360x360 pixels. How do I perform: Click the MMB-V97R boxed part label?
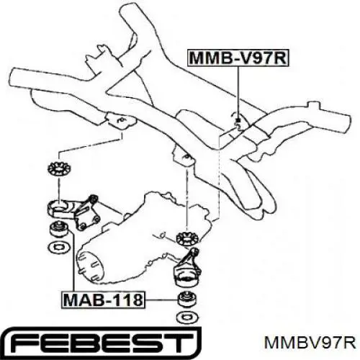(238, 58)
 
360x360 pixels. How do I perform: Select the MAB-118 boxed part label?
(104, 300)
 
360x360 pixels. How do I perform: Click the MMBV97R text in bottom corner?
(310, 343)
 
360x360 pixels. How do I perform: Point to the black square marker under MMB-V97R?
(238, 120)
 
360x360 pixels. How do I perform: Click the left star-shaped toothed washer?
(58, 169)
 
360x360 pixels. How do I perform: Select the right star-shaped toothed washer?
(187, 238)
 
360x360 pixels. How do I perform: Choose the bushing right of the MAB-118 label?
(188, 300)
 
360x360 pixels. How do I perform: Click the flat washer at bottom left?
(59, 246)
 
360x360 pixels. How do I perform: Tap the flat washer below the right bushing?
(189, 317)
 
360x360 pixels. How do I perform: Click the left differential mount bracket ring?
(59, 208)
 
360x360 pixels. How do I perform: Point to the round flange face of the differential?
(90, 266)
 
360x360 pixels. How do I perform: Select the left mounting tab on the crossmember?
(120, 121)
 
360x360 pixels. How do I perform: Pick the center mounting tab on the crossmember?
(184, 157)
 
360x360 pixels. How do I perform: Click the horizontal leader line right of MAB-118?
(162, 300)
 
